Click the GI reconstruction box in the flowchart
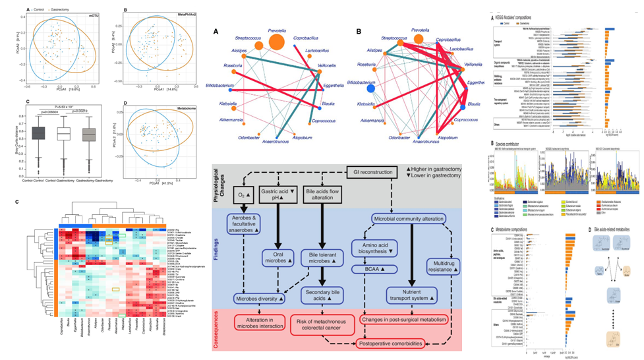(373, 154)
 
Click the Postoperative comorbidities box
(392, 344)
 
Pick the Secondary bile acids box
(324, 295)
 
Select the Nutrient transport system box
(411, 295)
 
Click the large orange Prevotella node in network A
(277, 43)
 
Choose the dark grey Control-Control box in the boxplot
(39, 133)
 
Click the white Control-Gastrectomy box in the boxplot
(64, 134)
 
